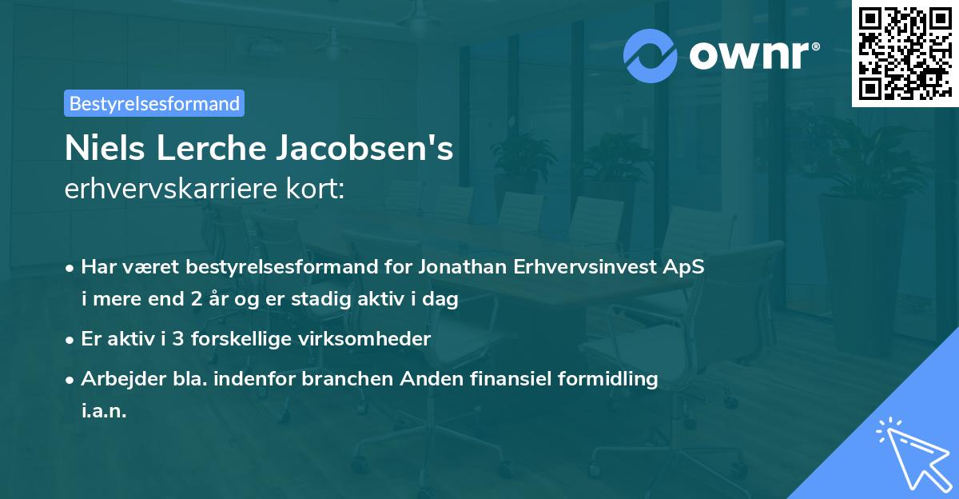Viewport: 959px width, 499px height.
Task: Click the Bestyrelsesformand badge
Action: point(154,103)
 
